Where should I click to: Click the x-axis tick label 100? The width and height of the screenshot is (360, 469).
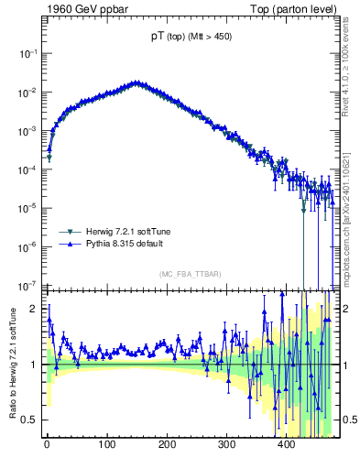[107, 445]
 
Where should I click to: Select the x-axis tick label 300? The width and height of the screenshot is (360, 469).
[226, 445]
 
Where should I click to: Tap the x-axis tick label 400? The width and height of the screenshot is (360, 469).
[286, 445]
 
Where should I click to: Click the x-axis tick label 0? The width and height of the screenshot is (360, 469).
[47, 445]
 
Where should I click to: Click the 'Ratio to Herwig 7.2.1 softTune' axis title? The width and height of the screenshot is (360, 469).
[10, 363]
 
